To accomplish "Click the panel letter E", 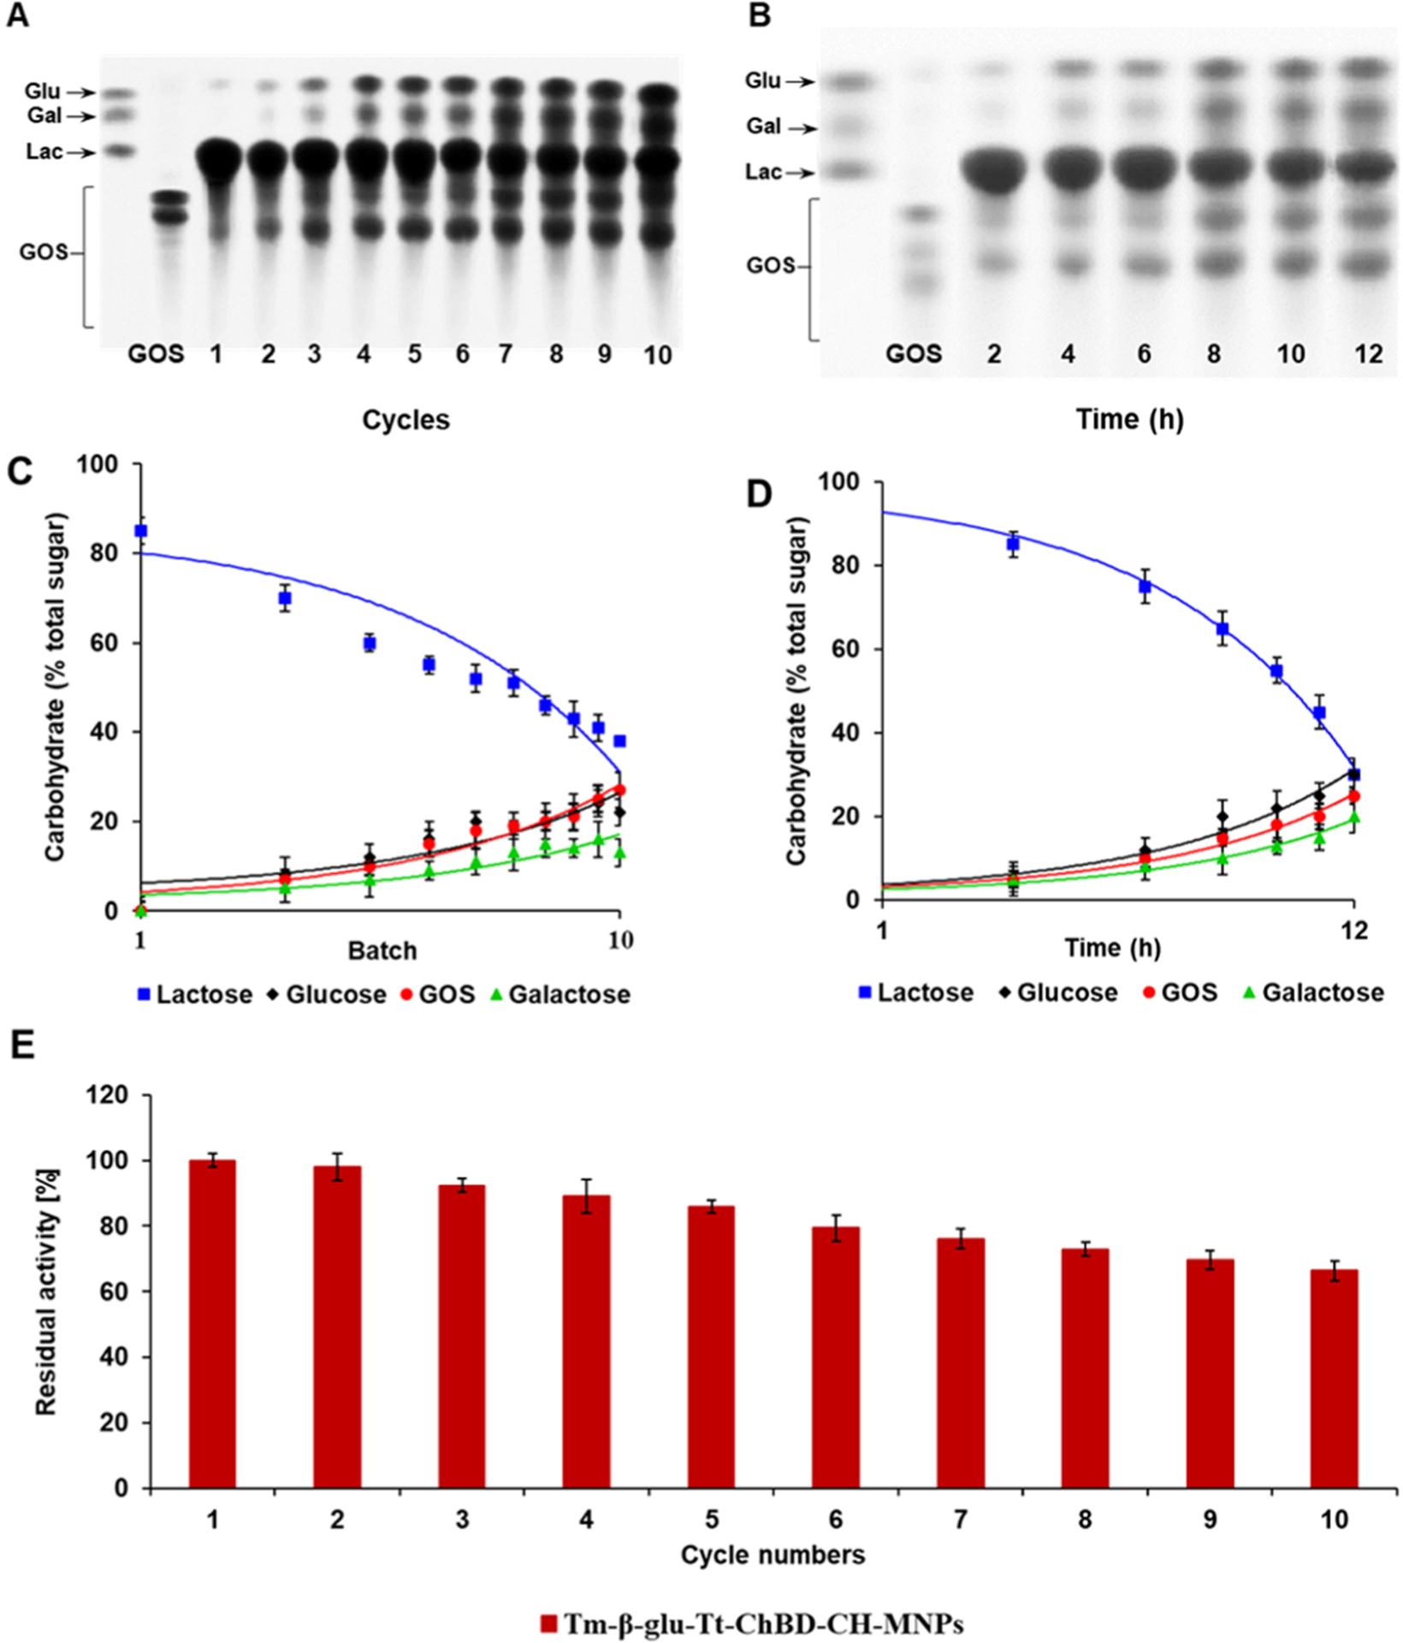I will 21,1045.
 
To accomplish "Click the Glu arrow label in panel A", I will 43,92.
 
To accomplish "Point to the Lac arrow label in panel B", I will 763,172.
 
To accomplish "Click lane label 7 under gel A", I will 506,354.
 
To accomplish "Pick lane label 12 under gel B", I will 1369,353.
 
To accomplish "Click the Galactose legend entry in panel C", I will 569,995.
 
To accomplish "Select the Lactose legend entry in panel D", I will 925,993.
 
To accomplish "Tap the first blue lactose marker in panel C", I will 141,531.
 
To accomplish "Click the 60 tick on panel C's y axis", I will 104,642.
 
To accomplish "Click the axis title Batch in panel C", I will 382,951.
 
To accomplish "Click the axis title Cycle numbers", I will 773,1554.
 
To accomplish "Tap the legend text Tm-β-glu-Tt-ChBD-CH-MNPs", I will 763,1623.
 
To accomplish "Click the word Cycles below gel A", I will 406,420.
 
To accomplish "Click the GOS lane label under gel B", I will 914,353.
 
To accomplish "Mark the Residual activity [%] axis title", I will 47,1291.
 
